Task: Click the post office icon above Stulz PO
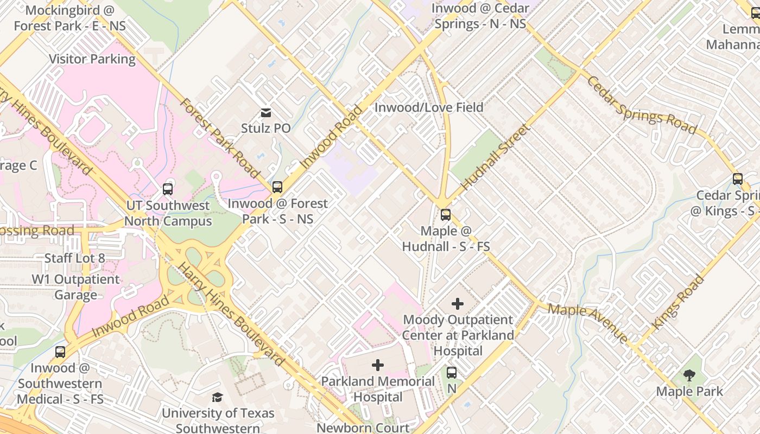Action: coord(266,113)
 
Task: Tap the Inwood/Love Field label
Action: coord(428,107)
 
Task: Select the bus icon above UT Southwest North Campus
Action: coord(168,189)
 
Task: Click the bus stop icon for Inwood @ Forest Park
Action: coord(277,187)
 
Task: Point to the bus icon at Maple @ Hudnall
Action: coord(446,215)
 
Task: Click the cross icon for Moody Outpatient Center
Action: coord(458,304)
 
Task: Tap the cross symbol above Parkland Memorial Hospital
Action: coord(378,365)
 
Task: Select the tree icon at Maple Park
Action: coord(689,375)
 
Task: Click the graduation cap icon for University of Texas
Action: coord(217,397)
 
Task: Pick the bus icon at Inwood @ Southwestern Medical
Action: coord(60,352)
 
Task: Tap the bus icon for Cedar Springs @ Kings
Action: coord(737,179)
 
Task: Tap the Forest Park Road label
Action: coord(220,138)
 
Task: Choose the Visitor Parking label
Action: coord(92,59)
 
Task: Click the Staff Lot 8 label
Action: coord(75,258)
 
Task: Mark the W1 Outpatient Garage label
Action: coord(75,287)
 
